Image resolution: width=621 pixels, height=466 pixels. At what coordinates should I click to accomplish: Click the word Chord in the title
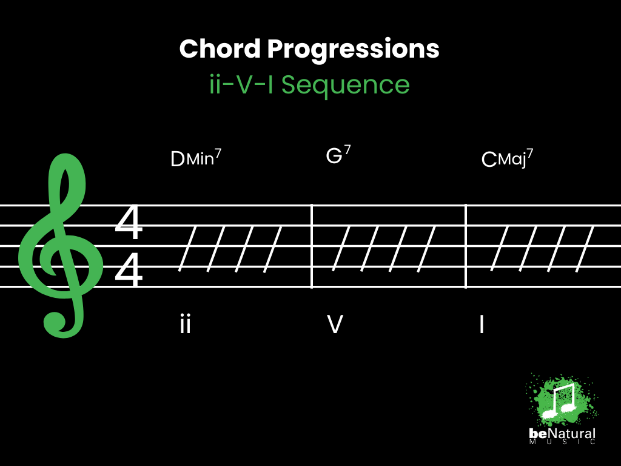click(220, 49)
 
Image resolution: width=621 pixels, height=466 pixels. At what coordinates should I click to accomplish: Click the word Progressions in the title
click(354, 50)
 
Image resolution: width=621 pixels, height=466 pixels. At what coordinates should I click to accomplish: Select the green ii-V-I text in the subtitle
click(241, 84)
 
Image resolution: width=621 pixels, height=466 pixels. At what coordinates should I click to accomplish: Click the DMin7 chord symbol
click(196, 158)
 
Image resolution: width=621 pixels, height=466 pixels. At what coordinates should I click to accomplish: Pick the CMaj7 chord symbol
click(508, 158)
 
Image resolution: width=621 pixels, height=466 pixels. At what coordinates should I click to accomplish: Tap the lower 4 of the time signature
click(129, 270)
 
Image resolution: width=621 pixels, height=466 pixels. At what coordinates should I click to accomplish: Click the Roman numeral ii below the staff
click(186, 324)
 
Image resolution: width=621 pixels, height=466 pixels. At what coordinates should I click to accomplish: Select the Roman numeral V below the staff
click(335, 324)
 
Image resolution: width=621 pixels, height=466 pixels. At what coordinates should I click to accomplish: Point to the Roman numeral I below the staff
click(482, 324)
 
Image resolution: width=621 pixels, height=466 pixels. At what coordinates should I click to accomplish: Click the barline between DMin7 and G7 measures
click(312, 246)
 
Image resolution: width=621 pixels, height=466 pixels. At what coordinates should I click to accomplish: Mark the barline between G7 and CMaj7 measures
click(466, 246)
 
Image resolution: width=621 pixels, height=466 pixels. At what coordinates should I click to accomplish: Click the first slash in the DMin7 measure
click(187, 249)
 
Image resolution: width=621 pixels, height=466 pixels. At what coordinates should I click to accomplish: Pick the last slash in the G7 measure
click(426, 249)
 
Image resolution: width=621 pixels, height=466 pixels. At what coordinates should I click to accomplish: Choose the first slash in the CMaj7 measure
click(500, 249)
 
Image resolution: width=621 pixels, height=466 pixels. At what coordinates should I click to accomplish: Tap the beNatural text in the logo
click(562, 434)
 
